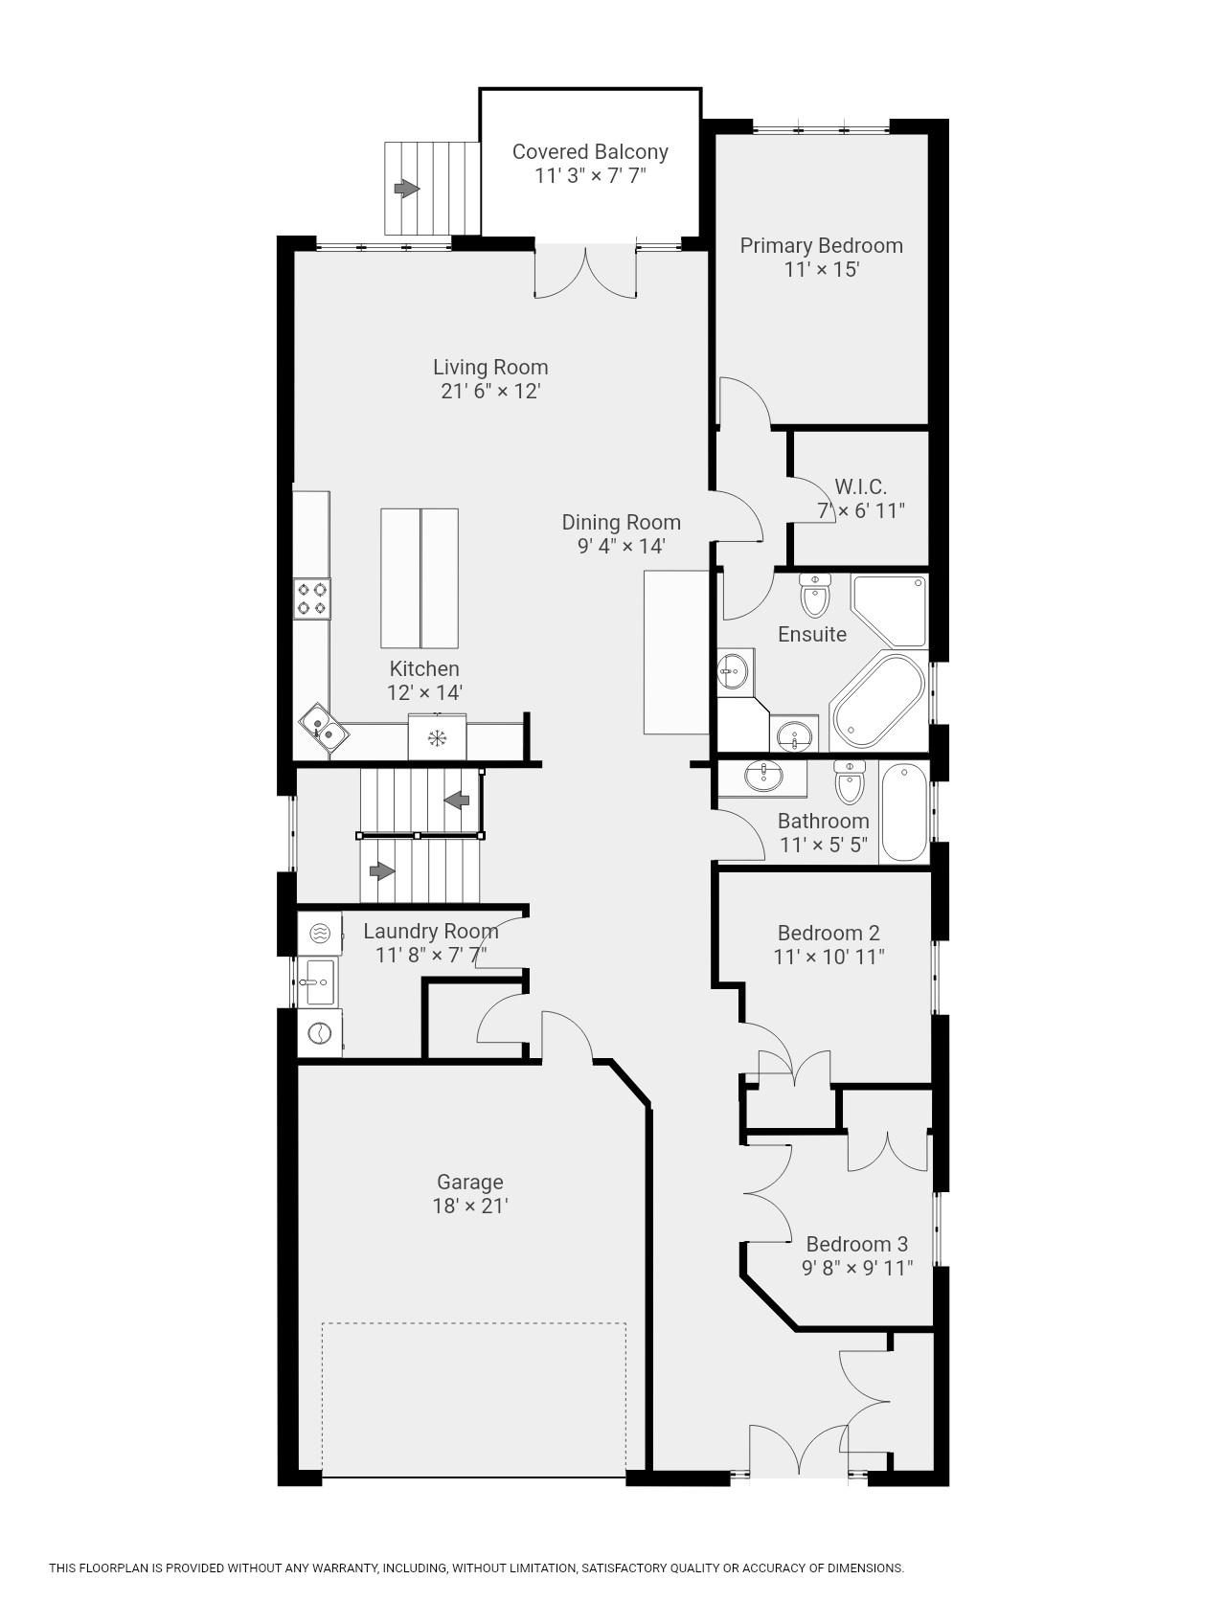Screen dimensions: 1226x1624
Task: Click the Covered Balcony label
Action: (x=590, y=151)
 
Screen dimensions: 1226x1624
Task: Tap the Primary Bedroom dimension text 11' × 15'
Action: (x=822, y=269)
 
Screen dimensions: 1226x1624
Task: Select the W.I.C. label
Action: (x=860, y=486)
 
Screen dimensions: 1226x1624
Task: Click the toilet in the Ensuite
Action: (x=815, y=596)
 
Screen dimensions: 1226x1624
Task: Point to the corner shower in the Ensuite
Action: (x=890, y=611)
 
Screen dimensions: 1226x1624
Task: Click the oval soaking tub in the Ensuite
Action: (x=876, y=701)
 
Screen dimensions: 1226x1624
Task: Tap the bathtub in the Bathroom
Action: (x=903, y=812)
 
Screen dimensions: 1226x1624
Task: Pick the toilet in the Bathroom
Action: (x=849, y=780)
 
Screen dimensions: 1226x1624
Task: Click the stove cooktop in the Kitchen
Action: (x=312, y=598)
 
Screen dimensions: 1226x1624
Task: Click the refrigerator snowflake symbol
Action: (x=438, y=738)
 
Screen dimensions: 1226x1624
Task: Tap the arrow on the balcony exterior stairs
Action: (x=407, y=189)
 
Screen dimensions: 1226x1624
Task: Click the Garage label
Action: (x=469, y=1182)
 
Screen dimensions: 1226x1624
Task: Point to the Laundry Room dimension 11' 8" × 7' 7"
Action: (x=431, y=955)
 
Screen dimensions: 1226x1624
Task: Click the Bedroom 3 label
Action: (x=856, y=1244)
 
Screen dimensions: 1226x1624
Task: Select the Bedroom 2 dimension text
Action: (x=829, y=956)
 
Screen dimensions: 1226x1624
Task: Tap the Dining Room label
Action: (x=621, y=522)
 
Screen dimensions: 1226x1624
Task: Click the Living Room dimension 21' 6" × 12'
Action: (x=490, y=391)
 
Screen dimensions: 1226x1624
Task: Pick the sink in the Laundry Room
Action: (x=317, y=981)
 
